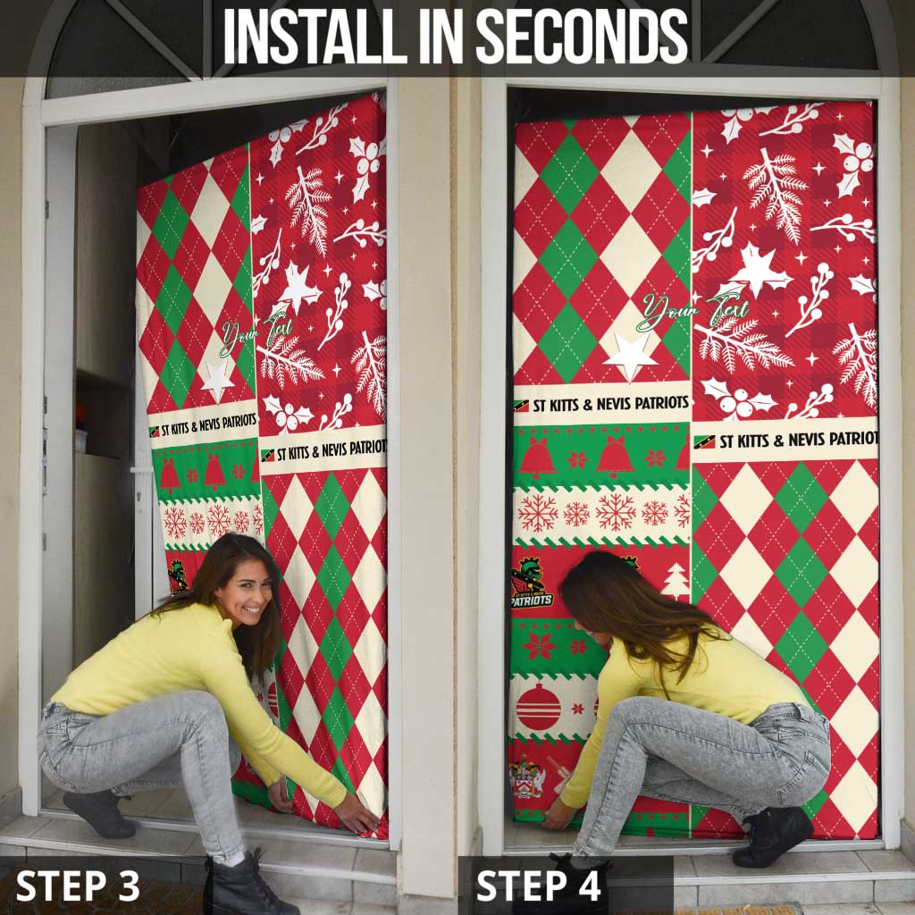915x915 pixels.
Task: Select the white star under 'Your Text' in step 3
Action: click(x=216, y=381)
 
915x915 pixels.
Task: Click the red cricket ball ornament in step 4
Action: click(x=539, y=706)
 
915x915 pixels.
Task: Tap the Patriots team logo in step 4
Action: click(x=531, y=585)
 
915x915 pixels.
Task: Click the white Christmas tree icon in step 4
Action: click(x=676, y=581)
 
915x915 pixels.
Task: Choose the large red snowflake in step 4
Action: click(x=616, y=511)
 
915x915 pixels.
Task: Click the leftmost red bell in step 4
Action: click(x=537, y=458)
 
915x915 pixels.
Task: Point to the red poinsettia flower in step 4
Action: click(x=539, y=645)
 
